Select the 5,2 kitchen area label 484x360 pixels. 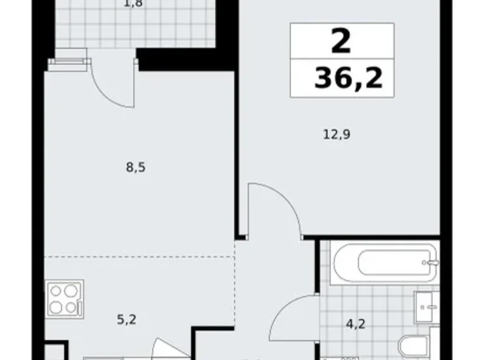click(x=127, y=320)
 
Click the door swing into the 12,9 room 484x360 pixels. click(x=273, y=205)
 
